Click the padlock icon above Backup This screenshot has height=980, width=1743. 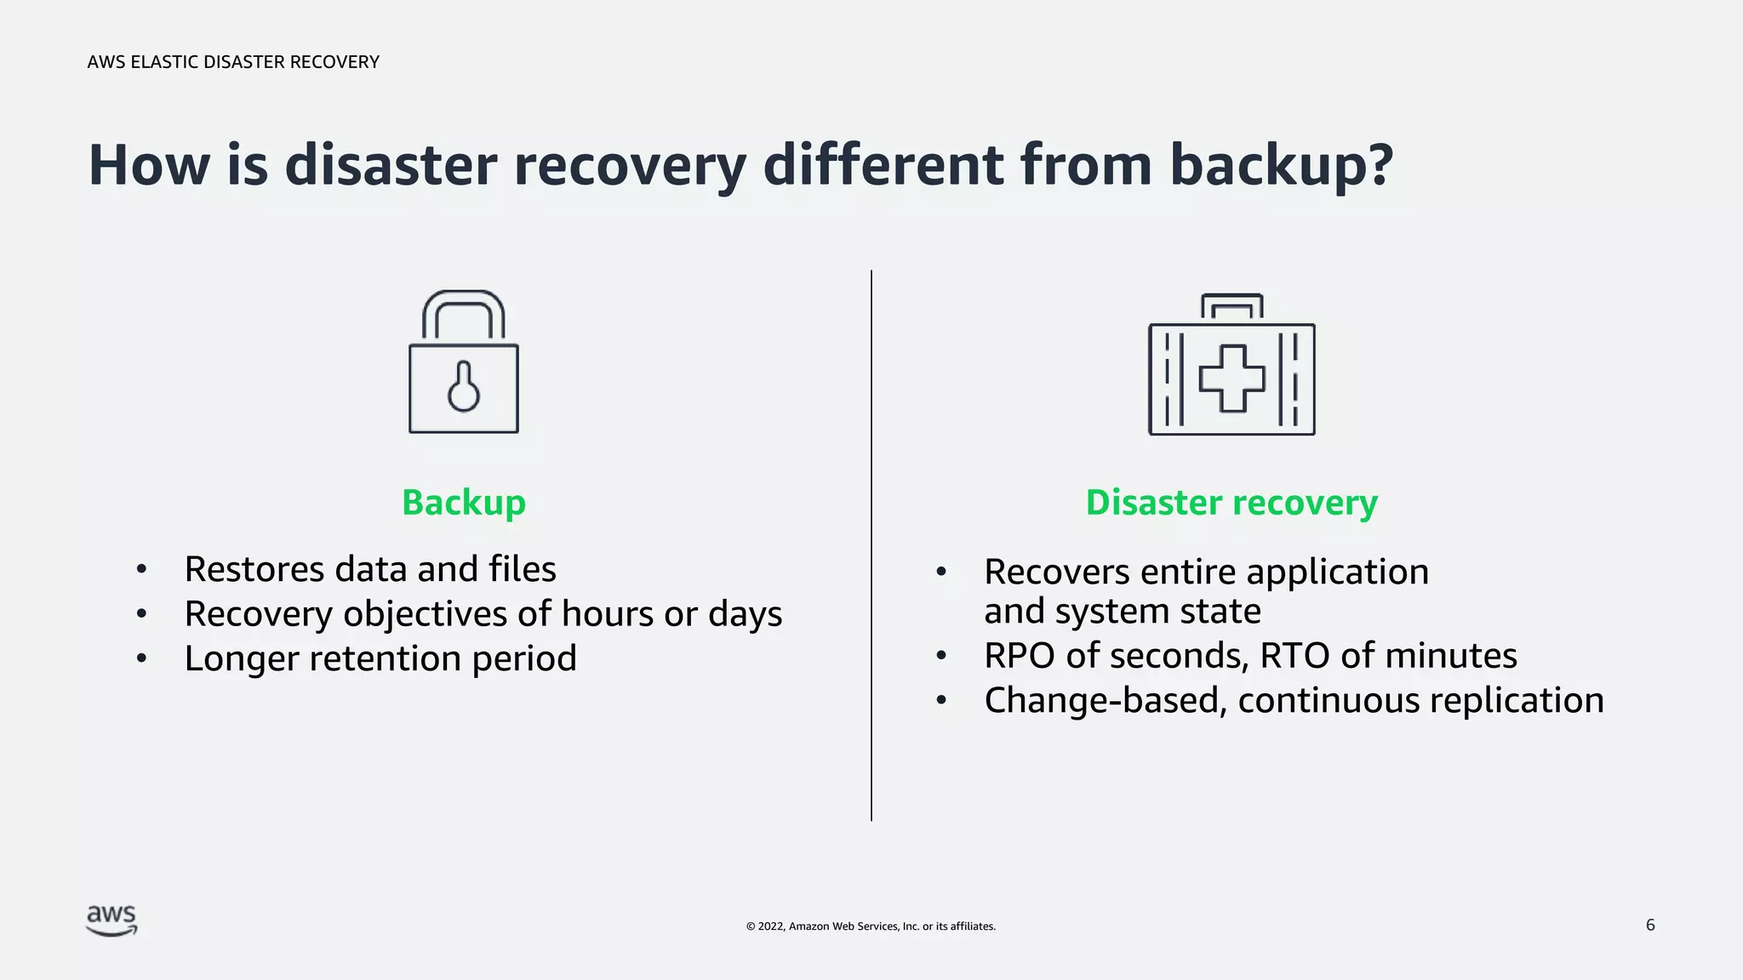click(x=464, y=362)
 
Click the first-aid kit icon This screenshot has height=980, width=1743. click(x=1232, y=366)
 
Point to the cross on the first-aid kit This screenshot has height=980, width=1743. click(x=1232, y=379)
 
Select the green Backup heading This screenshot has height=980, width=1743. click(x=464, y=502)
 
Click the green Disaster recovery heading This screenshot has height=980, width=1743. click(x=1232, y=502)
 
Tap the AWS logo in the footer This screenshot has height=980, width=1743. click(x=111, y=920)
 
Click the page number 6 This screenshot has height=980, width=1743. click(x=1650, y=925)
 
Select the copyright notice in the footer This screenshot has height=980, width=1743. click(x=871, y=926)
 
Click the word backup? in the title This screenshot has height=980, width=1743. click(x=1282, y=165)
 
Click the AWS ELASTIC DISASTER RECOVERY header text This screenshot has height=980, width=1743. click(x=233, y=62)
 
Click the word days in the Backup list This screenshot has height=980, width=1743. click(x=745, y=614)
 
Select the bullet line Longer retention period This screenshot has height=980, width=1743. click(x=380, y=658)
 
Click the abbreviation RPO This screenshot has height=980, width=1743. click(x=1019, y=656)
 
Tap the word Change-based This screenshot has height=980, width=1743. click(x=1105, y=701)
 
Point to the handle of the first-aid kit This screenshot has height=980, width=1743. click(x=1232, y=302)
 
